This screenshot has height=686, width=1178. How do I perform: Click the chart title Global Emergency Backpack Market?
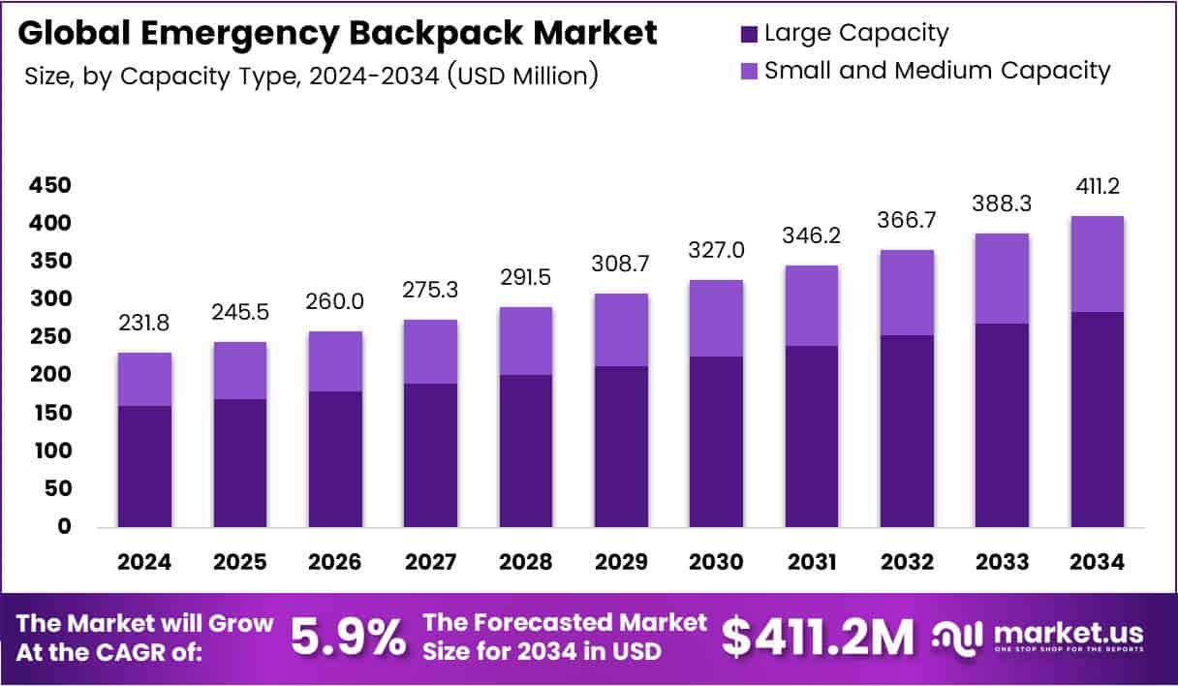point(337,33)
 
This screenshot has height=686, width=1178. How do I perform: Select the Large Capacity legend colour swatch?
point(748,33)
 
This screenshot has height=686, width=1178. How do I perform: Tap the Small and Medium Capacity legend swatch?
point(748,71)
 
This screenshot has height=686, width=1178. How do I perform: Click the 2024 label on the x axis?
point(144,562)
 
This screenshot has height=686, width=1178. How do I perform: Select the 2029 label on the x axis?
point(621,562)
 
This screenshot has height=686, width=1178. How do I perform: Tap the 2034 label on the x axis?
point(1097,562)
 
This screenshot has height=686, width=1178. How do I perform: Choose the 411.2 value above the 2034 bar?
point(1097,187)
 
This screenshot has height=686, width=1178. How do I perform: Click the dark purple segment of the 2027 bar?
point(430,455)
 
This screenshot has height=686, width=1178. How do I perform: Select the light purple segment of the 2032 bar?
point(907,293)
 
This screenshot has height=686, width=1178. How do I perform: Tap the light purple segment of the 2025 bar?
point(239,370)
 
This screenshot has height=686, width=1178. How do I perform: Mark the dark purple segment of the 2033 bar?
point(1002,425)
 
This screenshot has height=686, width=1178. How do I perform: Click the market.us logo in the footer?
point(1038,637)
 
